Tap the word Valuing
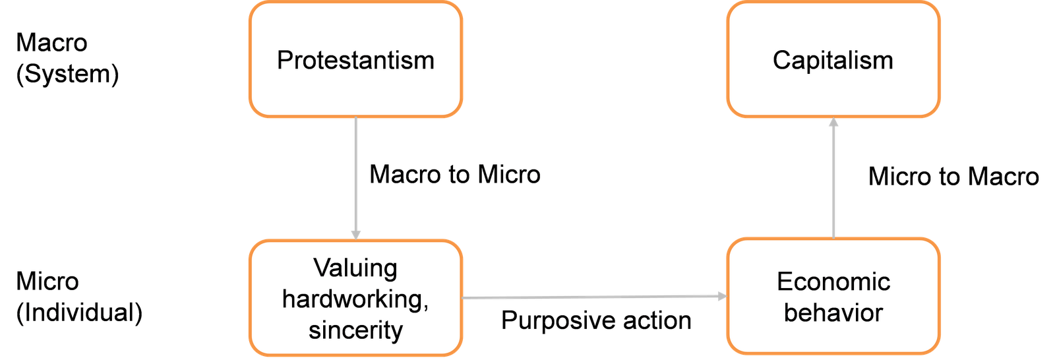[x=355, y=268]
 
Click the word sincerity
[x=355, y=330]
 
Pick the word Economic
[x=833, y=282]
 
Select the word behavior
[x=833, y=313]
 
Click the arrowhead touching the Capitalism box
[x=833, y=123]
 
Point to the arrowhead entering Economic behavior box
[x=721, y=297]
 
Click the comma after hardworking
[x=426, y=306]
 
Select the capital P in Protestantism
[x=284, y=60]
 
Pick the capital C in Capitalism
[x=781, y=60]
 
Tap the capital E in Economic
[x=784, y=282]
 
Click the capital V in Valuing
[x=321, y=268]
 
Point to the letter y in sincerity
[x=396, y=332]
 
